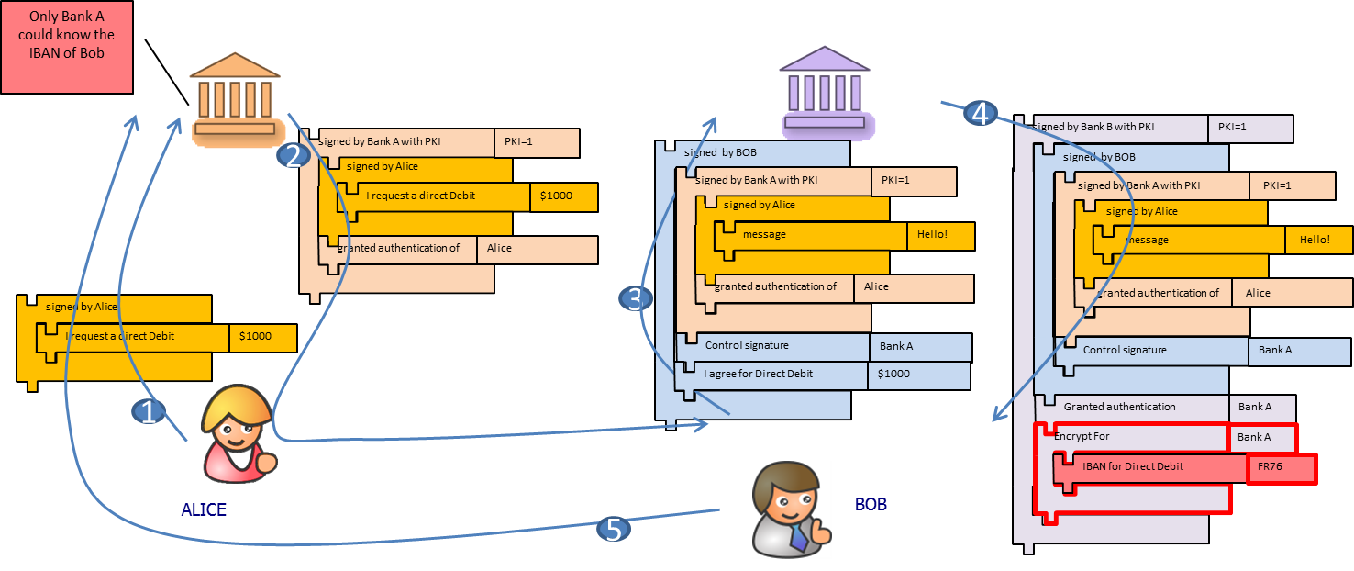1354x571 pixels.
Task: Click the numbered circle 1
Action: pos(149,412)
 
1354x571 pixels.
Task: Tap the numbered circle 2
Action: pos(294,156)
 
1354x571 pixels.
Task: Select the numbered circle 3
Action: pos(635,298)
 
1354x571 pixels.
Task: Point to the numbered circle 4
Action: pos(980,114)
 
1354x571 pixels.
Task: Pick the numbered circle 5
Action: pos(614,529)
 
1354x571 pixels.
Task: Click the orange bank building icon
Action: pos(234,98)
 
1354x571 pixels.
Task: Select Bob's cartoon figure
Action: pos(791,509)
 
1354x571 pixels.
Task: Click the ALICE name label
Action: pos(204,509)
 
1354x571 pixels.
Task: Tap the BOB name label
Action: pos(871,504)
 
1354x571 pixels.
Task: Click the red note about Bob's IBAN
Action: pos(66,46)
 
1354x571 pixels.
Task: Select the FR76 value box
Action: pos(1281,467)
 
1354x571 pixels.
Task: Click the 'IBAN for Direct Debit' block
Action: pos(1133,466)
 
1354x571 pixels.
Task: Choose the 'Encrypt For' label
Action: pos(1082,436)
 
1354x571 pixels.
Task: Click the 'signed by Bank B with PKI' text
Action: pos(1093,127)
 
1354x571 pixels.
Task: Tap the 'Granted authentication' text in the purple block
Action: pos(1119,407)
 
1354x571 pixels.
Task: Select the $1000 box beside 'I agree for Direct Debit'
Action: pos(917,375)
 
